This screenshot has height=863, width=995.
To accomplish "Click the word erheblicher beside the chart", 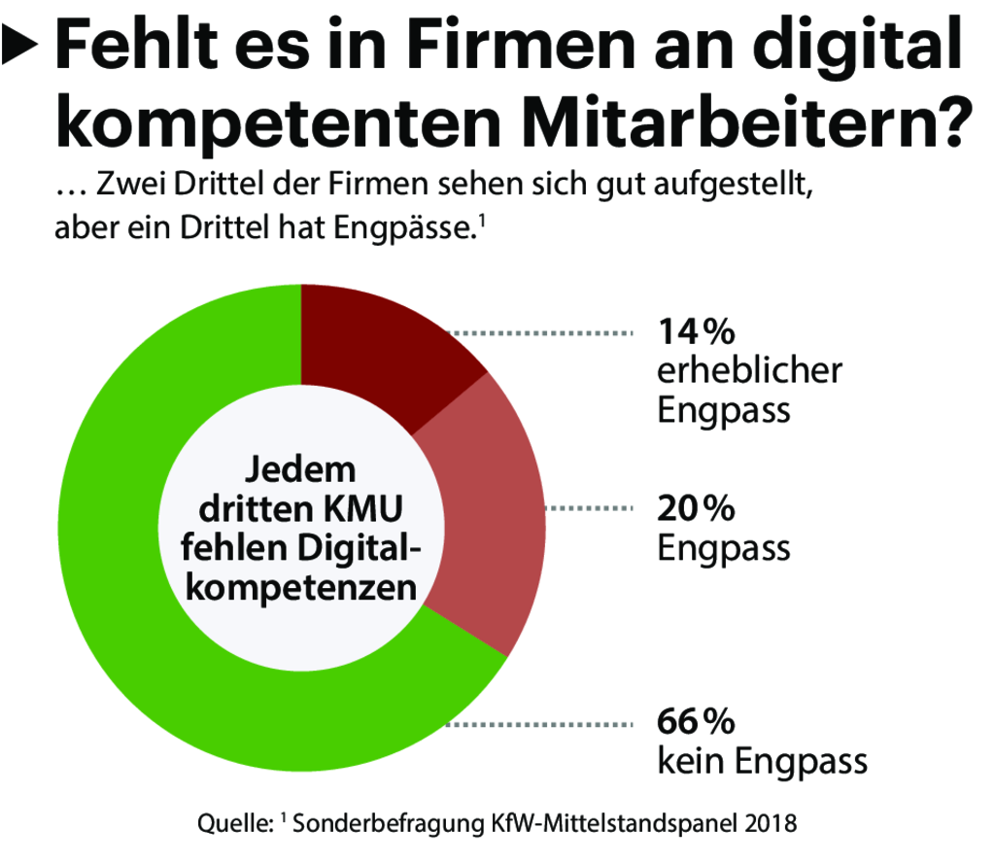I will (x=749, y=371).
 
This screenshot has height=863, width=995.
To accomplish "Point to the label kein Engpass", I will (x=762, y=761).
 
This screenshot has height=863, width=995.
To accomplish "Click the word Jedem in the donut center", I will (x=299, y=470).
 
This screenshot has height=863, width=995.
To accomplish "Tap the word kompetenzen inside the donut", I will (x=301, y=588).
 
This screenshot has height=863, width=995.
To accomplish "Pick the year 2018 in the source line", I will (x=773, y=826).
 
